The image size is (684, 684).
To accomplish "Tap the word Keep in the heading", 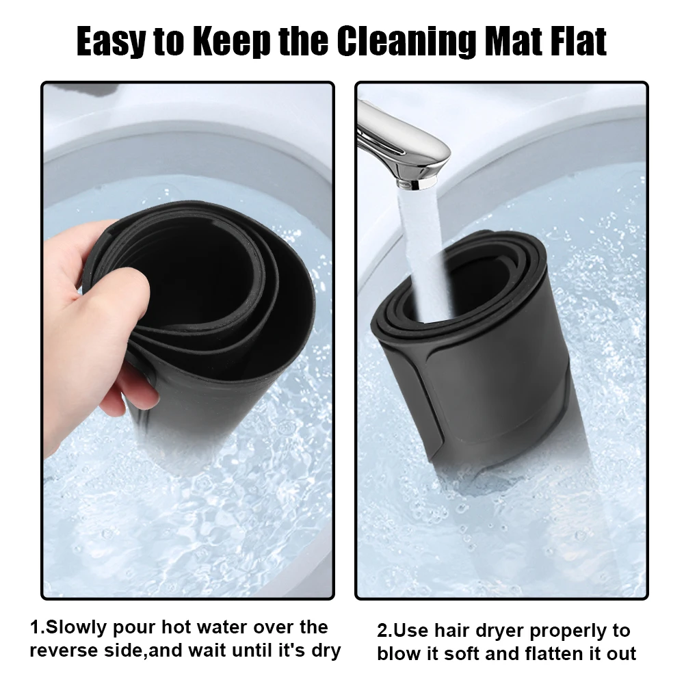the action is pos(232,42).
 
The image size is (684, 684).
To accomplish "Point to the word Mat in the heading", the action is pos(514,42).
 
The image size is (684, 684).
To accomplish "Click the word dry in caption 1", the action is pos(326,652).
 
